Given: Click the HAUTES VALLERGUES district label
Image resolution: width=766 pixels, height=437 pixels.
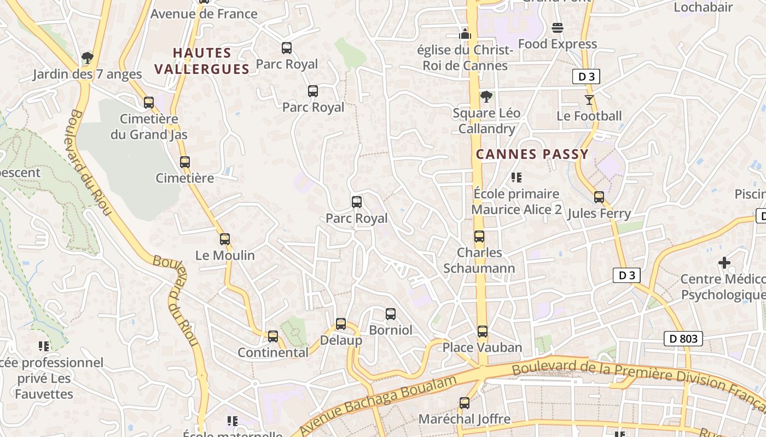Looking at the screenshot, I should click(202, 61).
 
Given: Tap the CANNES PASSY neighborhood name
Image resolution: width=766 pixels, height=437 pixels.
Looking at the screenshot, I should click(532, 154).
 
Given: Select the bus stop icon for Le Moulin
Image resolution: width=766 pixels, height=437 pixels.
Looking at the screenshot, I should click(224, 239).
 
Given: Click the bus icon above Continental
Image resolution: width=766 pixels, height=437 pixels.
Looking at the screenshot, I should click(272, 336).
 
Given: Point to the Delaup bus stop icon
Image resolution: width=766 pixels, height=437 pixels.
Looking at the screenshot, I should click(340, 324).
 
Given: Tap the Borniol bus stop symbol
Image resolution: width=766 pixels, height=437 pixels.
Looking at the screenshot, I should click(390, 314).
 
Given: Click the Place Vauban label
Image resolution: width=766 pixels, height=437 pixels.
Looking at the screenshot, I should click(482, 347).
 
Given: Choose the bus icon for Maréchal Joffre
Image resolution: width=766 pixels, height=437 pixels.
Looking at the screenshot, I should click(464, 403).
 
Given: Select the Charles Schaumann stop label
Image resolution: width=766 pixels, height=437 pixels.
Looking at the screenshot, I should click(479, 260).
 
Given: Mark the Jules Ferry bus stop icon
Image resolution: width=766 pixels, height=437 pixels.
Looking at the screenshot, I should click(599, 197).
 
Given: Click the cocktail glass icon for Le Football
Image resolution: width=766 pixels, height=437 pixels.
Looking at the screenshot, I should click(589, 99).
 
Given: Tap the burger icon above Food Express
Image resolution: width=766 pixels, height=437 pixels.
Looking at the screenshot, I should click(557, 27).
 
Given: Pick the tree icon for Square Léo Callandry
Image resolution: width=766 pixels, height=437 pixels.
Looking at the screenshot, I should click(486, 97).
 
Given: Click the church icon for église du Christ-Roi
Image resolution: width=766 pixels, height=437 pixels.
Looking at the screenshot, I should click(465, 34).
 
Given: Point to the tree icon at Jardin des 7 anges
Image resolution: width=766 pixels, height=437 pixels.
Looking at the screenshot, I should click(87, 57).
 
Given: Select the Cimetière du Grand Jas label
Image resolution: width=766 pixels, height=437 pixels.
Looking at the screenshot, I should click(149, 127).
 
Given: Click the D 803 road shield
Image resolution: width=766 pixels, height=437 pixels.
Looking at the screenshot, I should click(683, 339).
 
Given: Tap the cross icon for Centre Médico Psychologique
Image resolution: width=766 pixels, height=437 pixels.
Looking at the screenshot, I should click(724, 263).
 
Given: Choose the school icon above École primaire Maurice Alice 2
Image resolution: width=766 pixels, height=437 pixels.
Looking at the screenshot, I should click(516, 177).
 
